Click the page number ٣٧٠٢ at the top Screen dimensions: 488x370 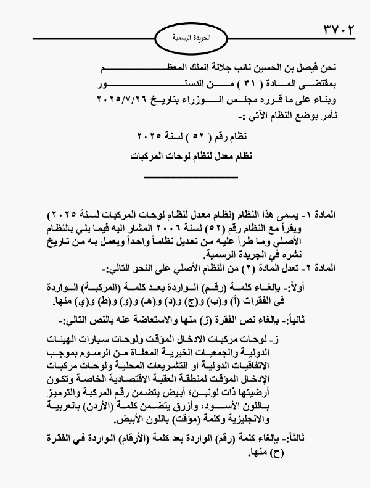point(337,29)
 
